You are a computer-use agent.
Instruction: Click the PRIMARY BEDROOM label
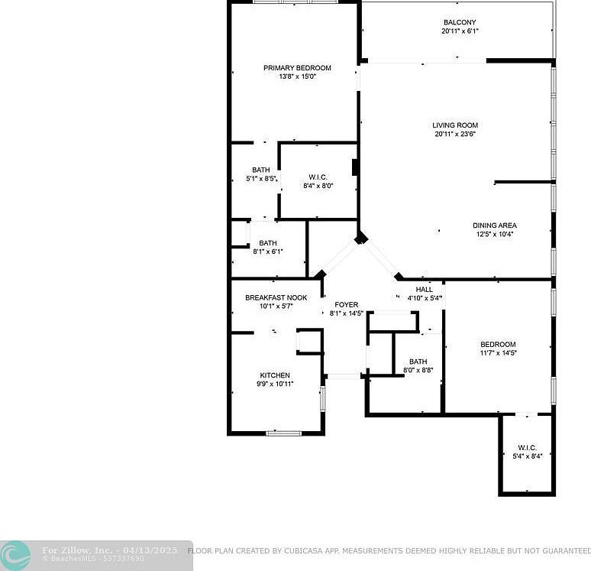(x=297, y=68)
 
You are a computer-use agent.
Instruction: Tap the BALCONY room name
(x=460, y=23)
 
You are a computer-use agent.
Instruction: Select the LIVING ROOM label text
(x=455, y=125)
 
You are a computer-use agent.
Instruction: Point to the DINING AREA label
(x=495, y=225)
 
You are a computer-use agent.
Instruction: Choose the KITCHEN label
(x=275, y=375)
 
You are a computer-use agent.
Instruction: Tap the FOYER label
(x=347, y=305)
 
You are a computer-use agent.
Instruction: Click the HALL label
(x=425, y=289)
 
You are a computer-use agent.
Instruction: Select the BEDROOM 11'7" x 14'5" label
(x=498, y=345)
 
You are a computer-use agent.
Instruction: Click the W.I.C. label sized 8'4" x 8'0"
(x=318, y=177)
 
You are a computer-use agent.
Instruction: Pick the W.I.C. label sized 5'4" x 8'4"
(x=527, y=448)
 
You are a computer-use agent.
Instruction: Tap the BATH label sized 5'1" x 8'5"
(x=261, y=170)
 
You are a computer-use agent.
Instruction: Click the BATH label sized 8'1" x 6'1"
(x=267, y=242)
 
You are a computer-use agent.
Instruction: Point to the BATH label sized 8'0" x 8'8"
(x=418, y=362)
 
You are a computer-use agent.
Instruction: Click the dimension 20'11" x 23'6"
(x=455, y=135)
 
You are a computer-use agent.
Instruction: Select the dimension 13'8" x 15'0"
(x=297, y=76)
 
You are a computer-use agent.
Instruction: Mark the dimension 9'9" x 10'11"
(x=275, y=384)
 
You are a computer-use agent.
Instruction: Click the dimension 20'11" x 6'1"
(x=460, y=31)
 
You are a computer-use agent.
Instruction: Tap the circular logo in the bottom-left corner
(x=15, y=556)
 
